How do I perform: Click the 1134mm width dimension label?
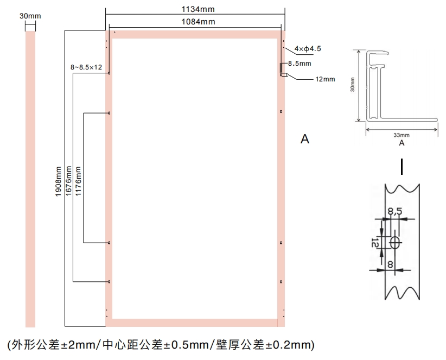[x=198, y=9]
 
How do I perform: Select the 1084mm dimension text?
[x=198, y=22]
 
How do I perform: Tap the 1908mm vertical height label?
[x=58, y=181]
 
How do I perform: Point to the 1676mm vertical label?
[x=68, y=181]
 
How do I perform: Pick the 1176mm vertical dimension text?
[x=78, y=181]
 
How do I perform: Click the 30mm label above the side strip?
[x=30, y=16]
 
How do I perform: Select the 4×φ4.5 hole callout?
[x=308, y=49]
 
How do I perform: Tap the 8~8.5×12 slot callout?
[x=86, y=67]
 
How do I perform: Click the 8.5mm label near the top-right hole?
[x=300, y=64]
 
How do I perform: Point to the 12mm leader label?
[x=325, y=79]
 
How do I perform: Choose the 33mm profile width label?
[x=402, y=135]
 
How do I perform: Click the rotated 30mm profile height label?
[x=353, y=85]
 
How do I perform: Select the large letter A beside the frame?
[x=305, y=139]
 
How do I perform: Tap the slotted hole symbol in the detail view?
[x=395, y=243]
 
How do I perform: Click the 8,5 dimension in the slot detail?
[x=395, y=211]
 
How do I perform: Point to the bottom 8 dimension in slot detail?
[x=390, y=264]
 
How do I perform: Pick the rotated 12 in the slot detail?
[x=375, y=243]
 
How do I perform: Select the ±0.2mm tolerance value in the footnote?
[x=288, y=345]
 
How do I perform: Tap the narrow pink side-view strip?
[x=30, y=179]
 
